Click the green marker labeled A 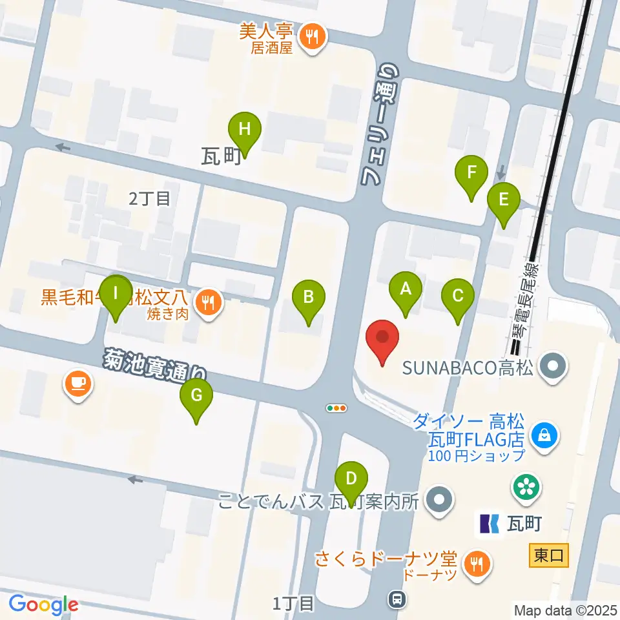pos(406,289)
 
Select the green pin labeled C pos(458,296)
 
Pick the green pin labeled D pos(351,479)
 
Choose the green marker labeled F pos(472,173)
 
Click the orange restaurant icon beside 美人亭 pos(313,36)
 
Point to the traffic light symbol pos(336,408)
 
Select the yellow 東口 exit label pos(549,555)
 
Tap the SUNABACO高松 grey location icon pos(553,367)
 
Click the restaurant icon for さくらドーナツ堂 pos(477,563)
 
